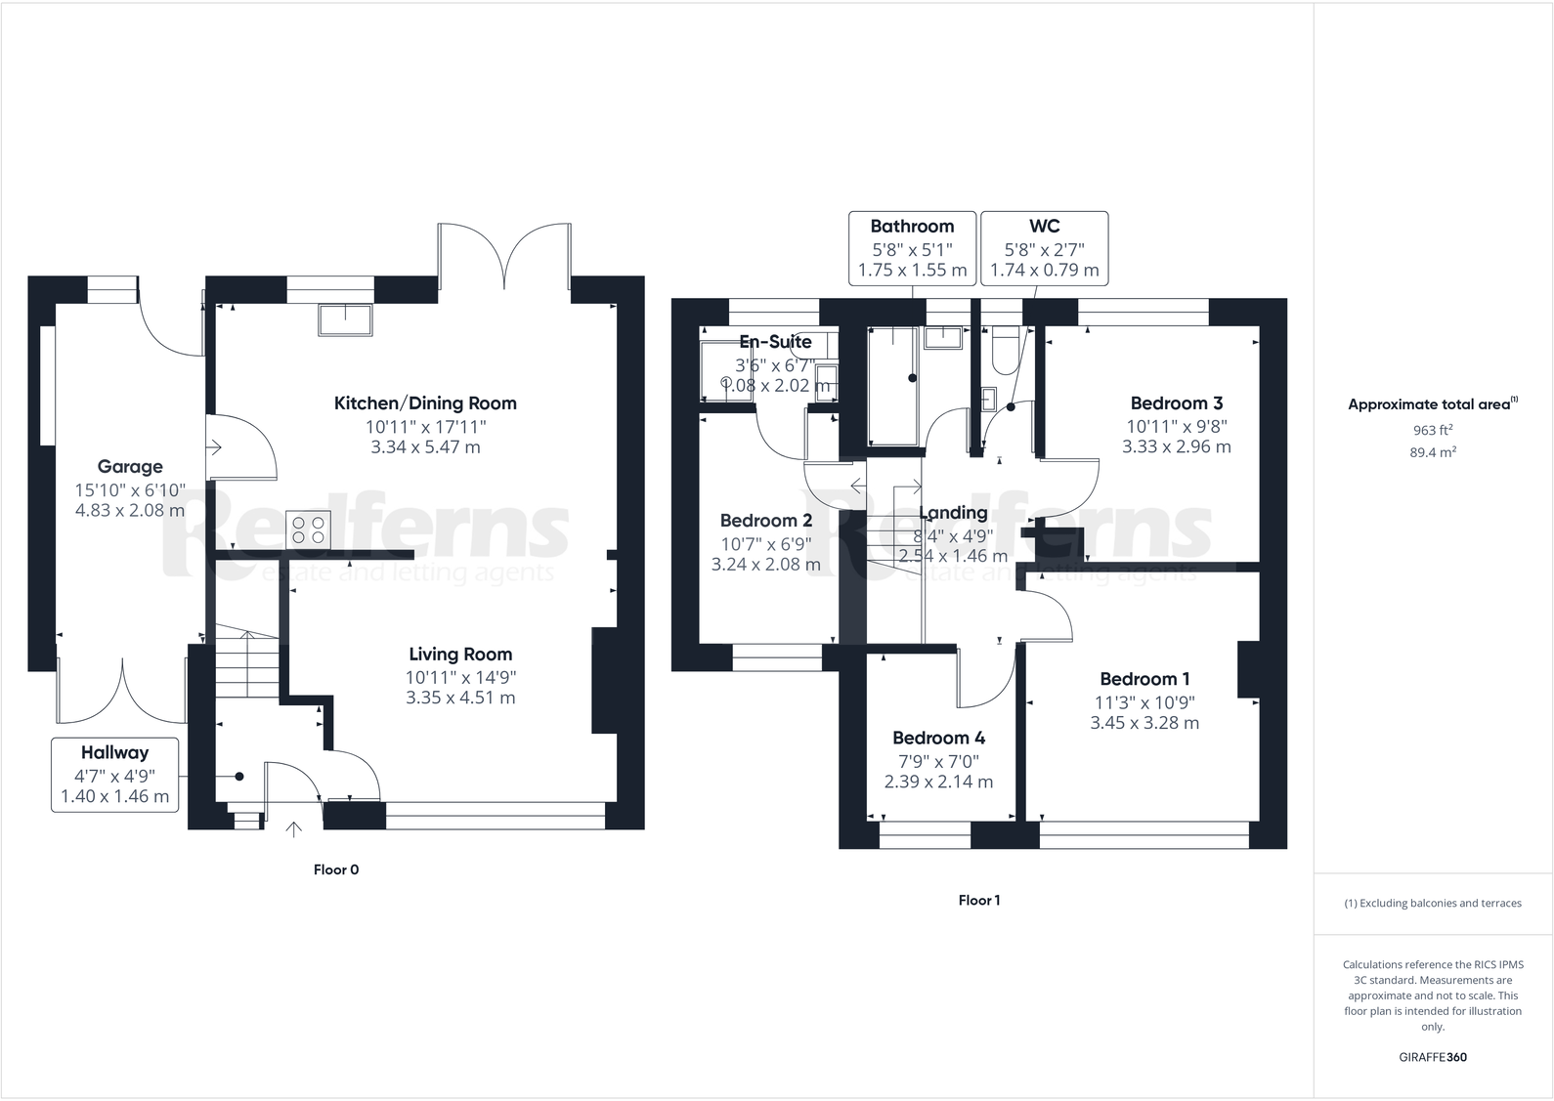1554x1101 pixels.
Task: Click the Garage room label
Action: (x=130, y=467)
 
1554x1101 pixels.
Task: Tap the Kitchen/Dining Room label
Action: (x=425, y=403)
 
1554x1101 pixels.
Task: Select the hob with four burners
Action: (x=309, y=529)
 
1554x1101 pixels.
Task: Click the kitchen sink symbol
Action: (x=344, y=319)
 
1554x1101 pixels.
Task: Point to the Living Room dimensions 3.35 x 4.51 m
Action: (x=460, y=698)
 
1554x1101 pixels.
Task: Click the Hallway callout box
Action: (x=115, y=775)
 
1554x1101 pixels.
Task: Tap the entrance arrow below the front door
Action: (x=293, y=829)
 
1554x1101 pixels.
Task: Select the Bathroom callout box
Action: (x=912, y=248)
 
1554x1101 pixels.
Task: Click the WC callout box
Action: (x=1044, y=248)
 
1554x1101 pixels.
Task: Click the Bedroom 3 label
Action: (x=1176, y=403)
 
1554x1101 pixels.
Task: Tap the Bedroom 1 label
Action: (x=1144, y=679)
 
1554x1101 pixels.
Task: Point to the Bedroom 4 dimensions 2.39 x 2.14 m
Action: (x=938, y=782)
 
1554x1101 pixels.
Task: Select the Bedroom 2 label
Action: (x=766, y=521)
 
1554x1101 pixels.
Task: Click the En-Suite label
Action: (x=775, y=342)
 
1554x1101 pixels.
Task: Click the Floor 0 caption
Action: (x=336, y=869)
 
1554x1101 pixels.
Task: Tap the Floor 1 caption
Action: (x=978, y=901)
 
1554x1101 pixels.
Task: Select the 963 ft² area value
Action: (x=1433, y=430)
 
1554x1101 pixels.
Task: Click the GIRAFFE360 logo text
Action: (x=1433, y=1057)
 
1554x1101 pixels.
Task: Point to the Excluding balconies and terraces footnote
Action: (x=1433, y=904)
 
